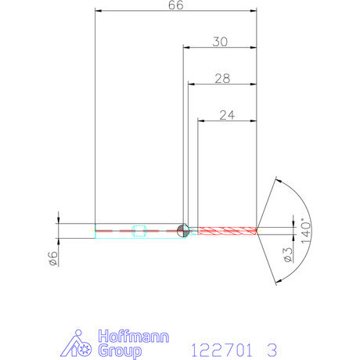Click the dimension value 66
pyautogui.click(x=176, y=5)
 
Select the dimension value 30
pyautogui.click(x=220, y=41)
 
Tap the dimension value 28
pyautogui.click(x=222, y=78)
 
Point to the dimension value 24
pyautogui.click(x=227, y=115)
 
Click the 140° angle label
pyautogui.click(x=306, y=231)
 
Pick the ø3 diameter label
pyautogui.click(x=288, y=255)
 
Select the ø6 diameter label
pyautogui.click(x=53, y=258)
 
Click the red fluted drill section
pyautogui.click(x=227, y=231)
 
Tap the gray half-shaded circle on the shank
pyautogui.click(x=182, y=231)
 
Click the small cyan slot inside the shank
pyautogui.click(x=139, y=231)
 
